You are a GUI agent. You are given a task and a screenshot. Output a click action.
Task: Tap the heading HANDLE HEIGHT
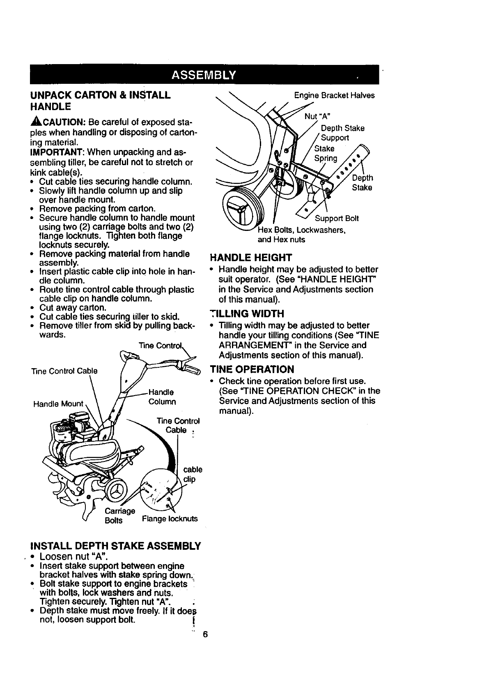(x=251, y=258)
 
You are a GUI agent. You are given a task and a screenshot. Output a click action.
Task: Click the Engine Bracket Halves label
(x=335, y=95)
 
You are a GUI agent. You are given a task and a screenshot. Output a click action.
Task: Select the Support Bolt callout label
(x=337, y=218)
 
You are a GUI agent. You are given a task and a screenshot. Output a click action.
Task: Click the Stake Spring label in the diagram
(x=326, y=153)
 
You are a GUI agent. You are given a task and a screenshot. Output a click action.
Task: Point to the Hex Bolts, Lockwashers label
(x=302, y=230)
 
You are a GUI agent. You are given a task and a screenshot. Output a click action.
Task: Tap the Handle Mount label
(x=59, y=403)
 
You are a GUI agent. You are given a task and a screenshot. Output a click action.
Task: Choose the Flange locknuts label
(x=170, y=519)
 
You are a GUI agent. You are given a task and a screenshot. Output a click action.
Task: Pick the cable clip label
(x=192, y=474)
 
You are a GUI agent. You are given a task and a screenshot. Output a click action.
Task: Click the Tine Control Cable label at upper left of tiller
(x=64, y=371)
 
